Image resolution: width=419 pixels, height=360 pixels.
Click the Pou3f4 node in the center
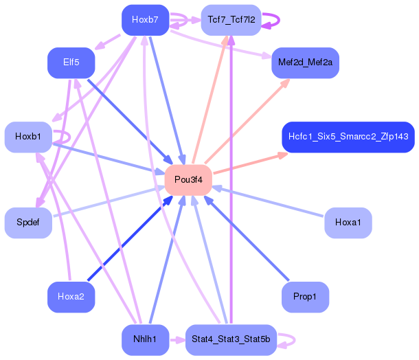coord(188,180)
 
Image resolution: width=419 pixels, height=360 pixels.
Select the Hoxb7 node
coord(145,20)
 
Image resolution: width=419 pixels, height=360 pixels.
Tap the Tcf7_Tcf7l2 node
coord(231,20)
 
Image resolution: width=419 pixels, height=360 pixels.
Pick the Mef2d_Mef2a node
coord(305,63)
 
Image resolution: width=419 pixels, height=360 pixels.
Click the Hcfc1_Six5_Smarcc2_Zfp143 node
coord(348,137)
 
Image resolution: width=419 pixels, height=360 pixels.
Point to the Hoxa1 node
coord(348,223)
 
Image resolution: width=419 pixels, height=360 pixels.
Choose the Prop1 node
coord(305,297)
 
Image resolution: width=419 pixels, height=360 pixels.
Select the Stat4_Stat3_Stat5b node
coord(231,339)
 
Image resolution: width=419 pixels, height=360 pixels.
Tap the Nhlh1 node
coord(145,339)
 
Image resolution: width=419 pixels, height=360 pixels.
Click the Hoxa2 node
coord(71,297)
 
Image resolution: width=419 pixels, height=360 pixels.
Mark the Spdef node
coord(28,223)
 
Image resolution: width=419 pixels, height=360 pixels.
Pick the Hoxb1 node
coord(28,137)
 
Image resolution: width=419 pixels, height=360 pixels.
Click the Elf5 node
coord(71,63)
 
